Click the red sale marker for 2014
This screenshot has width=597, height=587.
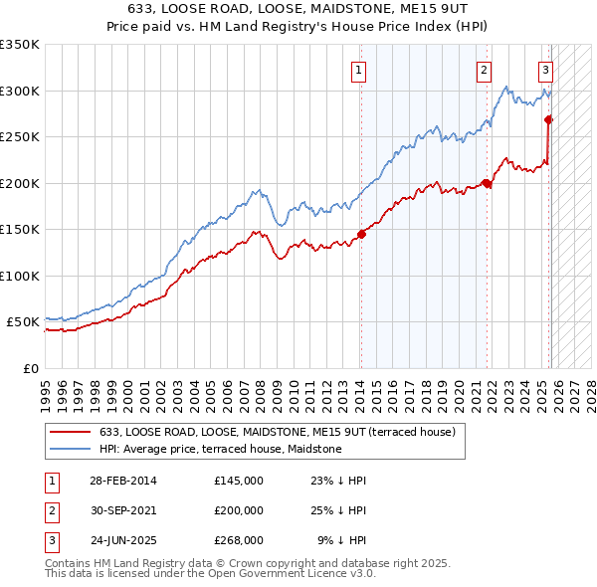pyautogui.click(x=360, y=235)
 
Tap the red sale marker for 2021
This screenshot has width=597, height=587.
pyautogui.click(x=488, y=183)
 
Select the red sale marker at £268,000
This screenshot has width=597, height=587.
pyautogui.click(x=548, y=119)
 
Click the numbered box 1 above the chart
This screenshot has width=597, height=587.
pyautogui.click(x=358, y=70)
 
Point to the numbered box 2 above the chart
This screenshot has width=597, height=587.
pyautogui.click(x=483, y=70)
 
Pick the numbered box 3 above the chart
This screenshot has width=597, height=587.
pyautogui.click(x=546, y=70)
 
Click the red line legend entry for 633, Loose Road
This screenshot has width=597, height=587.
pyautogui.click(x=277, y=432)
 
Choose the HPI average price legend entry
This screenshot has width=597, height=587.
pyautogui.click(x=220, y=449)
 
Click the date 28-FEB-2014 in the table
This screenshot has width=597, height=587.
pyautogui.click(x=122, y=480)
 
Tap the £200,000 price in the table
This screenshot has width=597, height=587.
pyautogui.click(x=239, y=510)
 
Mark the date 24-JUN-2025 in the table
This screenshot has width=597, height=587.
pyautogui.click(x=122, y=541)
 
